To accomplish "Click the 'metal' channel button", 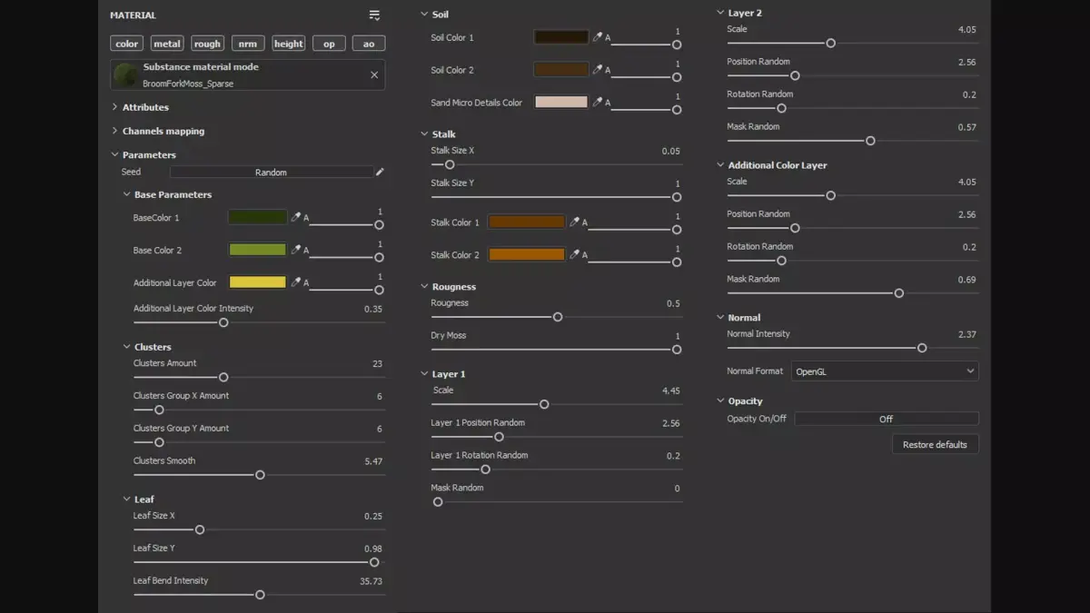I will point(167,44).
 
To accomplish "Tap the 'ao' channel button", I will point(369,44).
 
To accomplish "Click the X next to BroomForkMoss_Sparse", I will point(374,75).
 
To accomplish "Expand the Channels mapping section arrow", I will point(114,131).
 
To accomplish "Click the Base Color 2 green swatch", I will point(257,250).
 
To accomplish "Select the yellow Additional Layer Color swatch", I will point(257,282).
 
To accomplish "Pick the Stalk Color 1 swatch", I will point(526,222).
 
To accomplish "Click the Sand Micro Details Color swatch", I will point(560,103).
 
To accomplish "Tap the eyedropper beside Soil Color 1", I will point(597,37).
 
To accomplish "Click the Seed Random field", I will point(271,172).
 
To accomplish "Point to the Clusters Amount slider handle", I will point(223,377).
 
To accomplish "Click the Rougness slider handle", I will point(558,317).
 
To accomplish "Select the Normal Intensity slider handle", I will point(922,348).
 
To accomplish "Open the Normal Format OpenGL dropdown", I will point(884,371).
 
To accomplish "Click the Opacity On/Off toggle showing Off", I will point(886,419).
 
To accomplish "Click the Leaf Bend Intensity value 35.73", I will point(371,581).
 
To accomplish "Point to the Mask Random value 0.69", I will point(966,280).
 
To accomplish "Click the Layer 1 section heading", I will point(448,374).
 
